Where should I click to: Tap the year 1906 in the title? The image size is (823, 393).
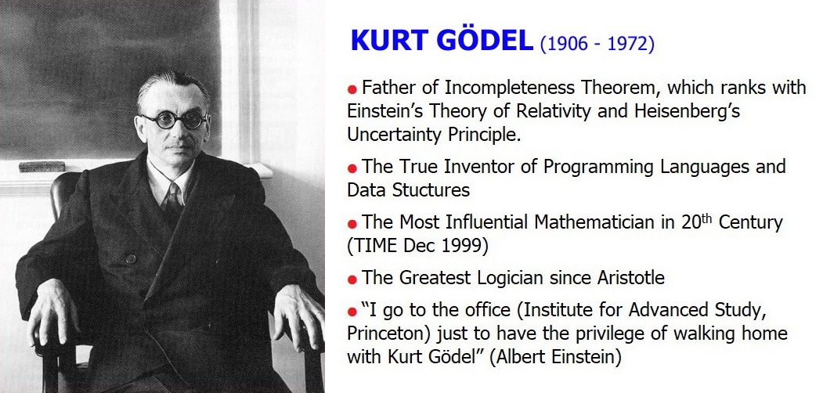pyautogui.click(x=566, y=44)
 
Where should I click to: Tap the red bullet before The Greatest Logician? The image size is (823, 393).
pyautogui.click(x=352, y=279)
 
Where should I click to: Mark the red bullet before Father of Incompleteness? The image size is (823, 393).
pyautogui.click(x=352, y=88)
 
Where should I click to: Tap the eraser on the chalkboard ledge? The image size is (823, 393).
pyautogui.click(x=42, y=166)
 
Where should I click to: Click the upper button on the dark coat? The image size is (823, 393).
pyautogui.click(x=131, y=258)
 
